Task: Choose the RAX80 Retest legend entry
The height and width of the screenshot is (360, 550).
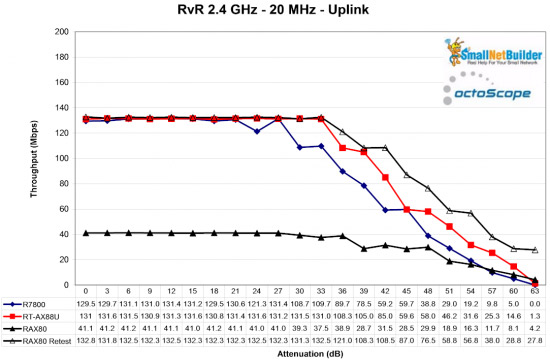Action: pyautogui.click(x=40, y=338)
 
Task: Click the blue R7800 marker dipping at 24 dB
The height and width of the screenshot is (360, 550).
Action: pyautogui.click(x=257, y=131)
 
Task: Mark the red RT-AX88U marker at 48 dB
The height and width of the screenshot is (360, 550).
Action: pyautogui.click(x=407, y=210)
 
